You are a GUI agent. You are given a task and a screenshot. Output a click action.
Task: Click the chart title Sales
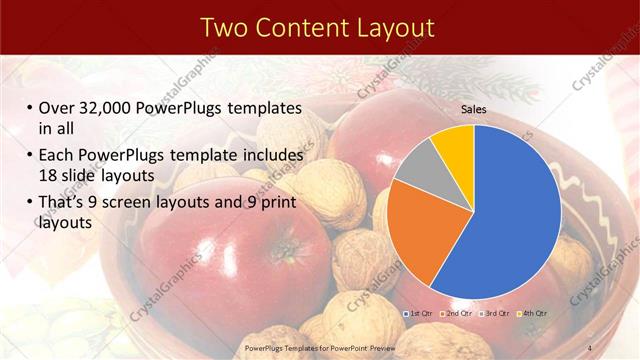click(x=473, y=109)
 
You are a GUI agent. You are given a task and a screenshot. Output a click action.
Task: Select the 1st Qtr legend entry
click(x=419, y=313)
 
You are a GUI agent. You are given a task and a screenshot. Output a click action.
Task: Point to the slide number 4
click(x=590, y=347)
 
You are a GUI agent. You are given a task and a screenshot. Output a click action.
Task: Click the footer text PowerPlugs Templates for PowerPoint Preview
click(x=320, y=347)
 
